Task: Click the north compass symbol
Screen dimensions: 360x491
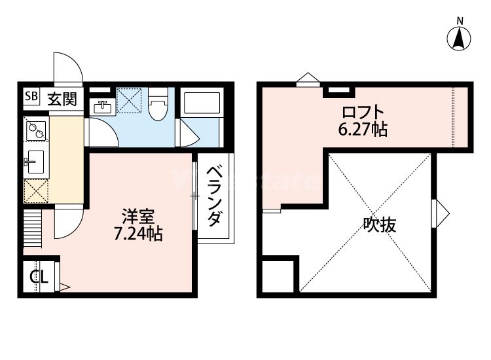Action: click(x=460, y=38)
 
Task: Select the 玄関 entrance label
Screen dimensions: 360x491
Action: click(x=62, y=99)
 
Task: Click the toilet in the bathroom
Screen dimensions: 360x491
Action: click(x=157, y=108)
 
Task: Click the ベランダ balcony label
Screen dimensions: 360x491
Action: click(x=214, y=196)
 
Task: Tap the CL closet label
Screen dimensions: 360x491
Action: click(x=39, y=276)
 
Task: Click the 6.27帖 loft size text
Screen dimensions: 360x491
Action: click(x=362, y=130)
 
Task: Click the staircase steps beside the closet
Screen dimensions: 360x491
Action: click(x=33, y=229)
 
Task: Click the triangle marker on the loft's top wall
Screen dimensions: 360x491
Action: click(x=306, y=80)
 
